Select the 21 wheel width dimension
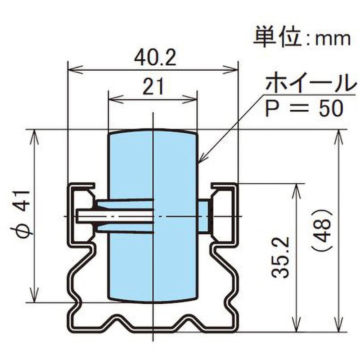tap(153, 86)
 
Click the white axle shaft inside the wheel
tap(117, 216)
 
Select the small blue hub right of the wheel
tap(204, 216)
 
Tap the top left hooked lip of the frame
tap(83, 186)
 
